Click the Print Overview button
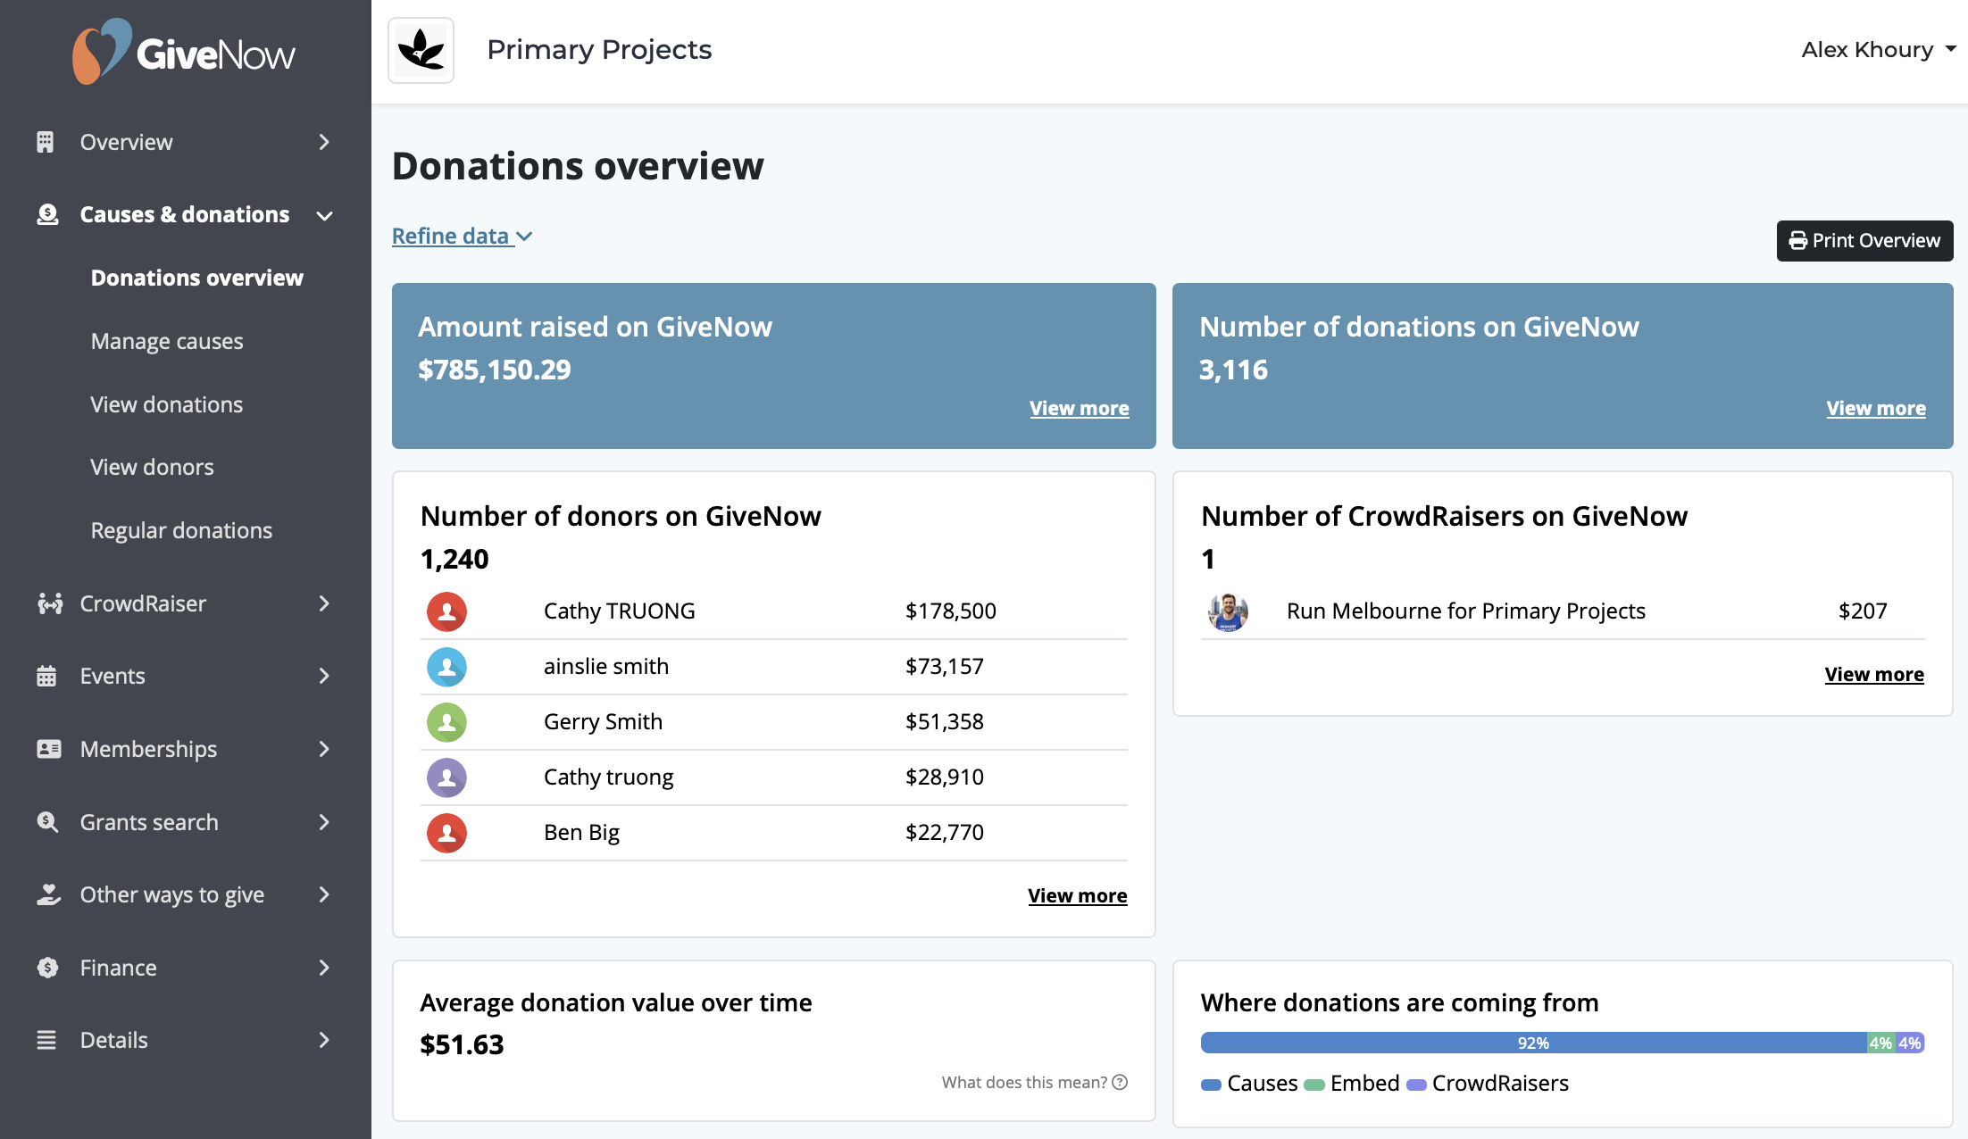click(x=1864, y=241)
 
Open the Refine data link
click(x=462, y=237)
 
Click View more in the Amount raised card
click(x=1079, y=409)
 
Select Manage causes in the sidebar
click(x=167, y=341)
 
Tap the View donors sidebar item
click(x=152, y=467)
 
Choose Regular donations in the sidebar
click(x=181, y=530)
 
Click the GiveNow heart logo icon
click(x=101, y=51)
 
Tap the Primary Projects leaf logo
click(x=421, y=50)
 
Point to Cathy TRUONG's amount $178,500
click(x=951, y=611)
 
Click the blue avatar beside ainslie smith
click(x=446, y=667)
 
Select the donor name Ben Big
click(x=581, y=833)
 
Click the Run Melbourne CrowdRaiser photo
click(x=1228, y=611)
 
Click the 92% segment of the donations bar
click(x=1533, y=1043)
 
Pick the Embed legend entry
click(x=1352, y=1084)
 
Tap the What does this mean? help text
click(x=1035, y=1083)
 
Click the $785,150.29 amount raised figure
click(x=495, y=370)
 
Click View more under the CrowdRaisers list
click(x=1874, y=675)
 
